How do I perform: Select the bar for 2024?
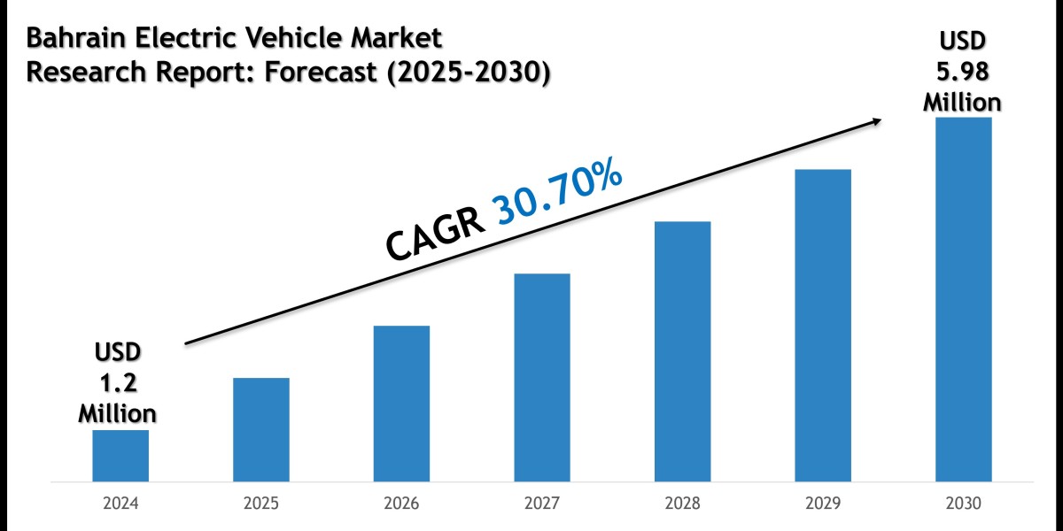tap(120, 456)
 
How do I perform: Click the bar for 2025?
tap(261, 430)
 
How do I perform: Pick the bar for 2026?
tap(401, 404)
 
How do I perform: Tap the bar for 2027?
tap(542, 378)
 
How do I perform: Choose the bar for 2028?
tap(682, 351)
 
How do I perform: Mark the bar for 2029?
tap(823, 326)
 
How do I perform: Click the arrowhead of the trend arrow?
tap(877, 122)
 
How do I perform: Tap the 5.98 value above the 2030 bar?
tap(963, 72)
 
